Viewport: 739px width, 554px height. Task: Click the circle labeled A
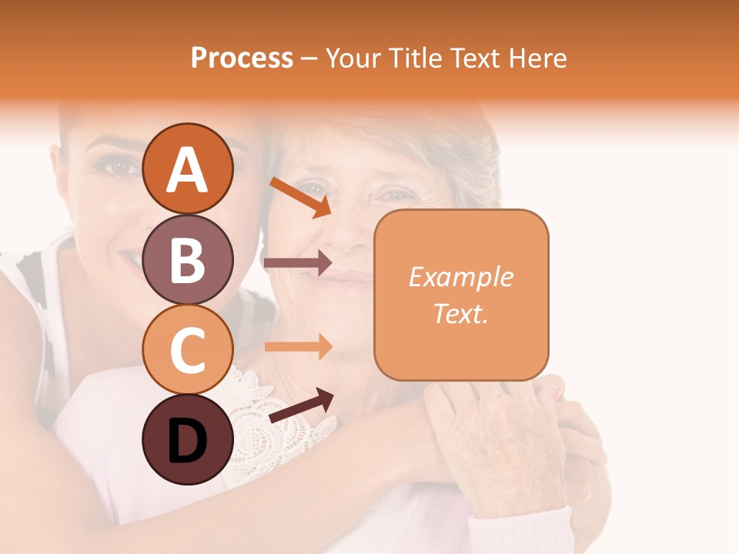pos(187,169)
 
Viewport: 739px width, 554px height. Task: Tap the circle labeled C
pos(187,349)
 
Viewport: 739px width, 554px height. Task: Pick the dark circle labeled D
pos(187,439)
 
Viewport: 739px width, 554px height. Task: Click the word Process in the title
pos(242,58)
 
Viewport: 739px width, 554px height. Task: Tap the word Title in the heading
pos(416,58)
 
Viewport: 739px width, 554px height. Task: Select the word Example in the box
pos(461,277)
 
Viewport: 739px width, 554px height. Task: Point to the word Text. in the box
pos(461,313)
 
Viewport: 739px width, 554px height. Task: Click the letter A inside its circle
pos(187,170)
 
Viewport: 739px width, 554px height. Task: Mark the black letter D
pos(187,441)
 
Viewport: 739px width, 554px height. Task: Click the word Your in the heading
pos(354,58)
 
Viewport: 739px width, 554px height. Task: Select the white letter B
pos(187,260)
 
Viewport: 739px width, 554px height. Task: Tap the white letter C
pos(187,350)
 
